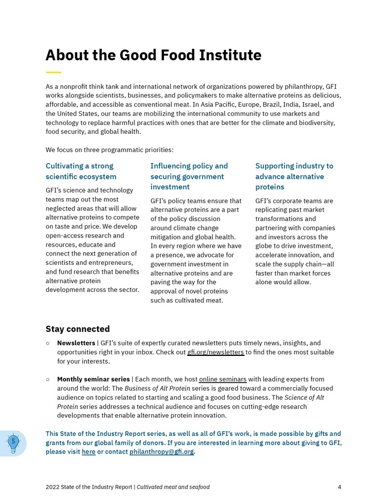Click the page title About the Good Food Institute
pos(153,56)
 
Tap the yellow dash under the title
pos(53,72)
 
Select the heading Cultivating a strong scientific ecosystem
pos(81,171)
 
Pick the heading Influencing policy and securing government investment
pos(189,176)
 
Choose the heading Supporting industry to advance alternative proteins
pos(294,176)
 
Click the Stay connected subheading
pos(78,329)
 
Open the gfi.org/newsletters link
pos(216,352)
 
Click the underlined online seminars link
pos(223,379)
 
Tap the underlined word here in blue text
pos(88,452)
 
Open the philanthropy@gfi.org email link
pos(162,452)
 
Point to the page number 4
pos(339,487)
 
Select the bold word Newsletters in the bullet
pos(76,343)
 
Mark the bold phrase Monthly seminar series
pos(93,379)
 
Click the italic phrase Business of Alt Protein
pos(157,388)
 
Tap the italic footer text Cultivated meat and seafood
pos(173,487)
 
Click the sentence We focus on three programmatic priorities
pos(109,150)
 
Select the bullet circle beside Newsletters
pos(48,343)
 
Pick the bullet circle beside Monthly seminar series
pos(48,379)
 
